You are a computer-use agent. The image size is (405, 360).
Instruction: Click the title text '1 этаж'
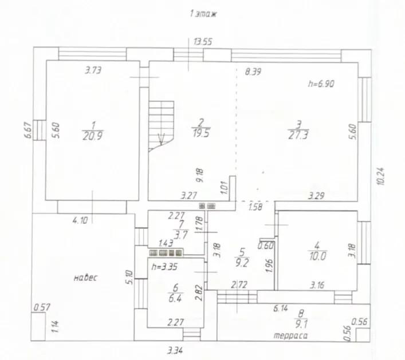(203, 14)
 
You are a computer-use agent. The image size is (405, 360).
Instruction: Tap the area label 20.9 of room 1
(93, 136)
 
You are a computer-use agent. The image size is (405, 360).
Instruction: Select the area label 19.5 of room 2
(201, 133)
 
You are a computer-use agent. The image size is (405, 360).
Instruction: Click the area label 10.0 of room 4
(317, 256)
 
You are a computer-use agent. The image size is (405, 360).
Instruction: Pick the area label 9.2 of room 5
(241, 263)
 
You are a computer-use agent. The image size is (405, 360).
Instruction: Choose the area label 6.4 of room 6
(175, 298)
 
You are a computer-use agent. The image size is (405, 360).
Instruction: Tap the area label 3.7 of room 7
(181, 235)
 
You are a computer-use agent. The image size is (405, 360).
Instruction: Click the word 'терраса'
(290, 336)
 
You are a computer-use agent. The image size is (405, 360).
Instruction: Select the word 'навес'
(86, 278)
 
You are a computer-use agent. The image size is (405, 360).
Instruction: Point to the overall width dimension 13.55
(203, 42)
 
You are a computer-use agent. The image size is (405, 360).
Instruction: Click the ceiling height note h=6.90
(321, 84)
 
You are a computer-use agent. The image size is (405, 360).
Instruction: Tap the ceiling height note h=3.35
(164, 267)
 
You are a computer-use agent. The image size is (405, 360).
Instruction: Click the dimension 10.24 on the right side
(381, 176)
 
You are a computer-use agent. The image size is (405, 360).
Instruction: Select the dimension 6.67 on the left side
(28, 130)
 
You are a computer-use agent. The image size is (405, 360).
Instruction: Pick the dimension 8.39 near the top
(253, 72)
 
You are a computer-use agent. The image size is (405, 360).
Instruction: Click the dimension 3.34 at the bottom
(176, 350)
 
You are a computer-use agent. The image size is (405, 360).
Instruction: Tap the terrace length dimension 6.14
(281, 308)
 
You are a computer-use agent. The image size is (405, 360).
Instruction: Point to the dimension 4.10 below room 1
(80, 221)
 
